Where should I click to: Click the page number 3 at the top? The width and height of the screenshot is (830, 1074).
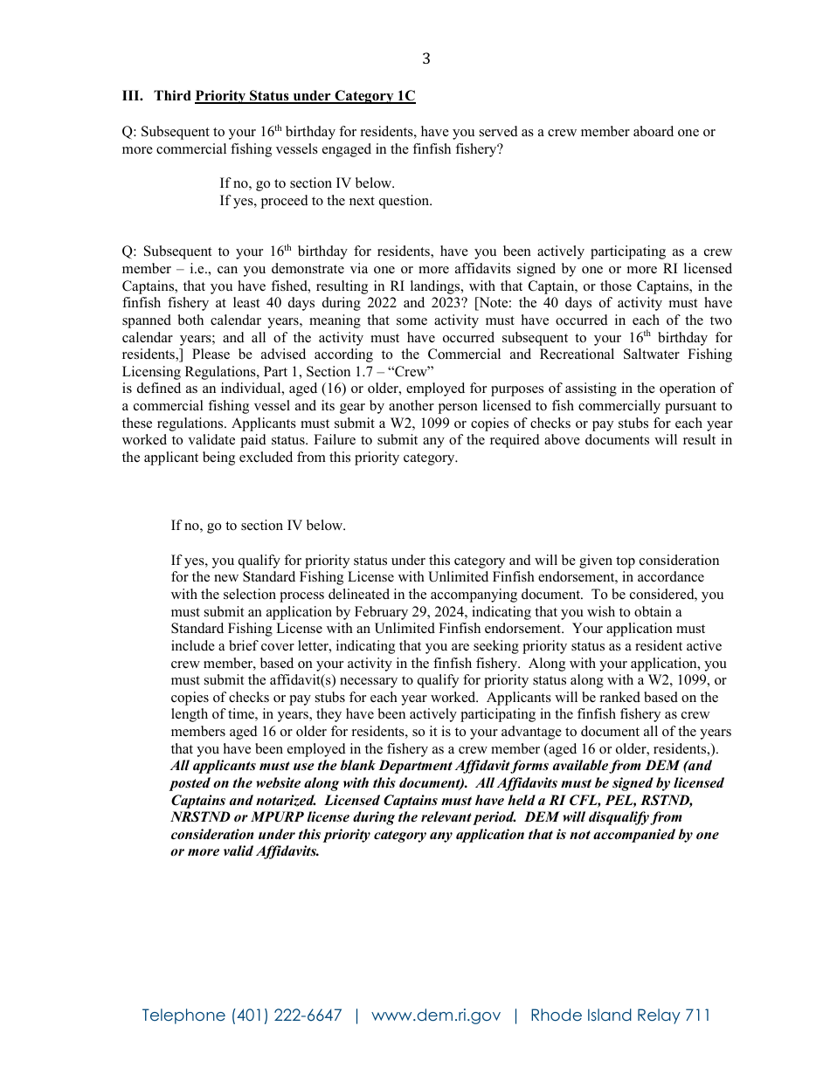pyautogui.click(x=425, y=59)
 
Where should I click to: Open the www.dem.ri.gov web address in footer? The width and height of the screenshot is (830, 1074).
pyautogui.click(x=436, y=1015)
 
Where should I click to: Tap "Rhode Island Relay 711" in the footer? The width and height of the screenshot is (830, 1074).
pyautogui.click(x=620, y=1015)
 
